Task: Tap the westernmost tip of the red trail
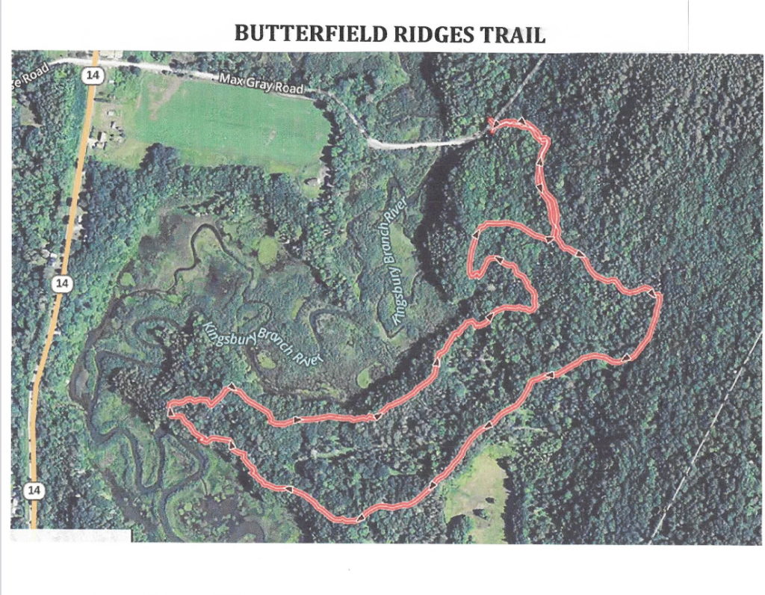(x=170, y=409)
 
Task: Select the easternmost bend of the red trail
(x=658, y=295)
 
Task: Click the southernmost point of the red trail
(x=351, y=520)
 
